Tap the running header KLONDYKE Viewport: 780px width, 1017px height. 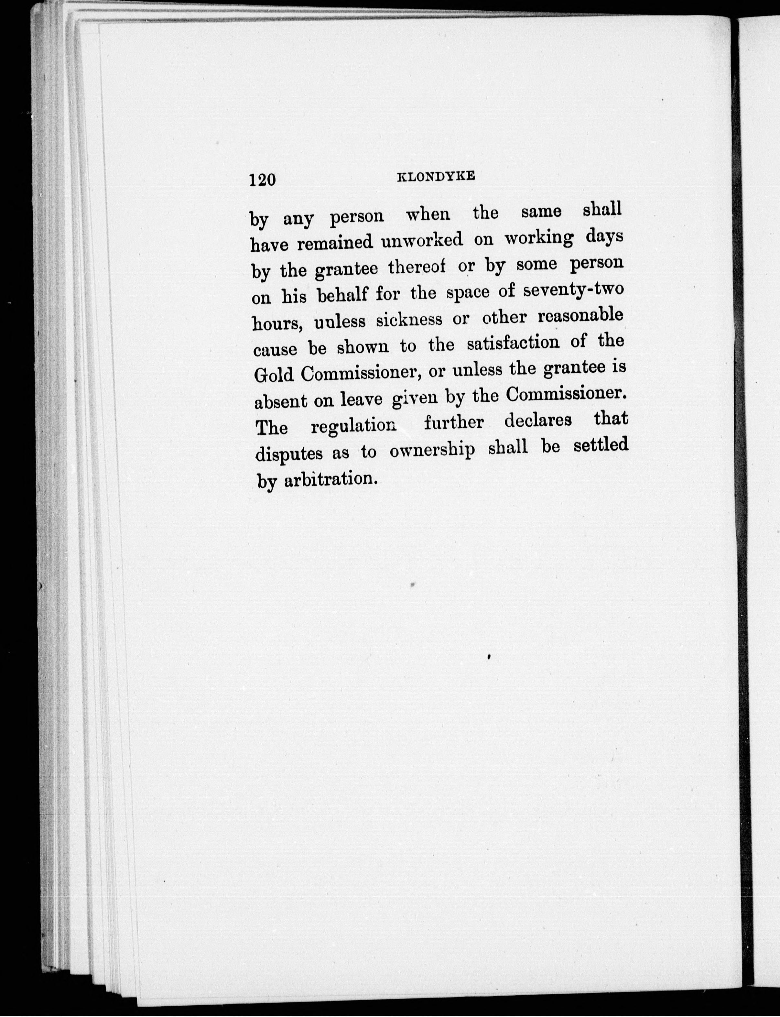436,177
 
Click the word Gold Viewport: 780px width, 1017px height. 274,374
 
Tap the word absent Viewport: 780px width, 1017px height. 280,401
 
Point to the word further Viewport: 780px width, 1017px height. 454,423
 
